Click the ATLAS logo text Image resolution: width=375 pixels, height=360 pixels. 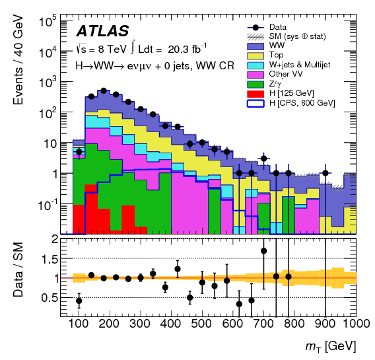pyautogui.click(x=102, y=31)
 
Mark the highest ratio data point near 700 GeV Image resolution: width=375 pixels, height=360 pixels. pyautogui.click(x=263, y=251)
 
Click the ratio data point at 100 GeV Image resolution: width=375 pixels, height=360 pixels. pyautogui.click(x=79, y=301)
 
